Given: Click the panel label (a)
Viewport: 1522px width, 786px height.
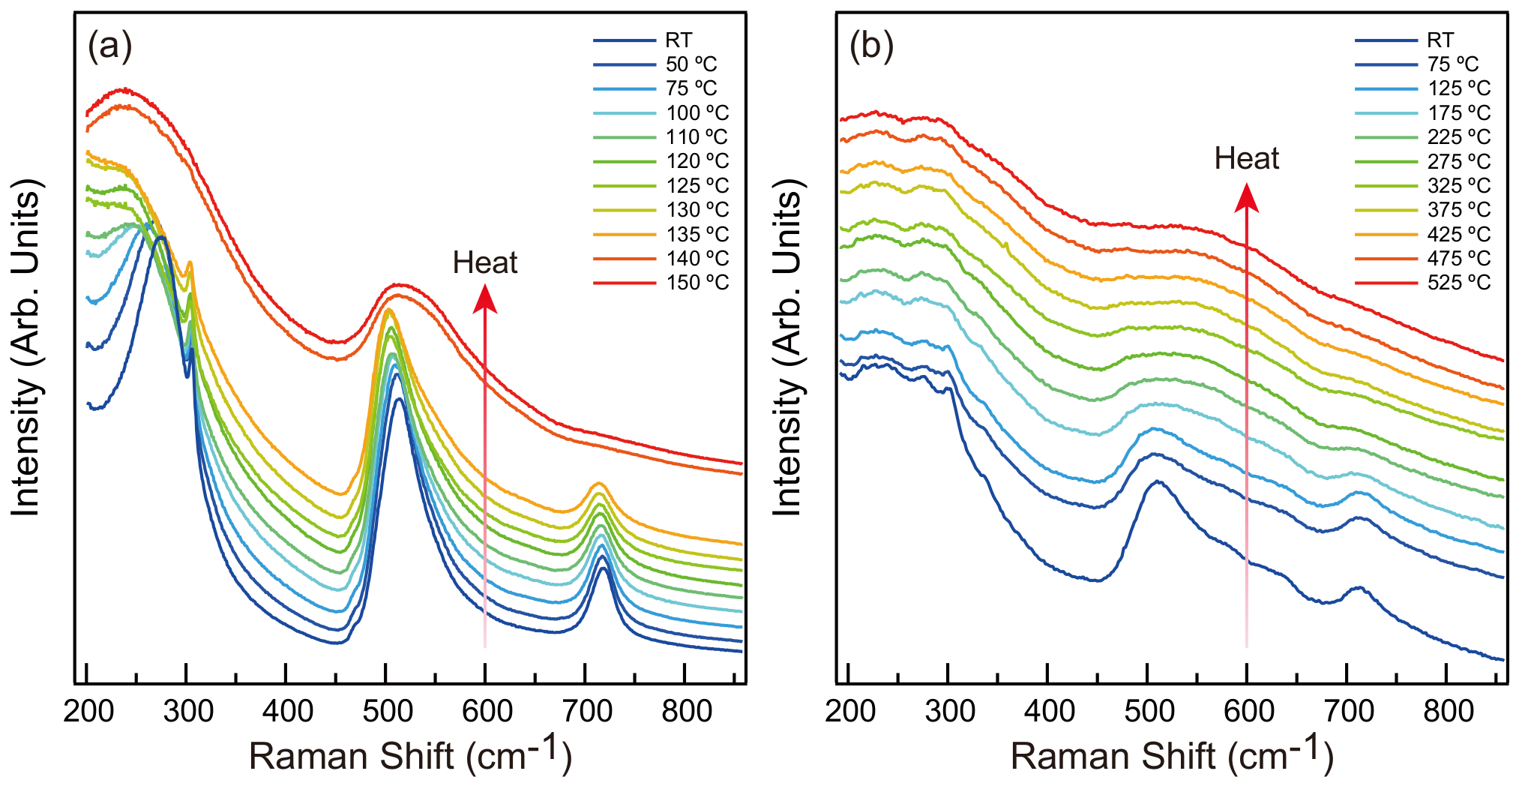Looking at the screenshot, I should pyautogui.click(x=109, y=46).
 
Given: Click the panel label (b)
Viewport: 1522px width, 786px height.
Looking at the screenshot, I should pyautogui.click(x=871, y=46).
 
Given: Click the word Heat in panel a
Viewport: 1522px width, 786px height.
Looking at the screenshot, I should pyautogui.click(x=485, y=263).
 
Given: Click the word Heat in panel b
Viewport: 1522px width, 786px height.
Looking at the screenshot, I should pyautogui.click(x=1247, y=159).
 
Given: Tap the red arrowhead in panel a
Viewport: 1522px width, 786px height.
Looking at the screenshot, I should pyautogui.click(x=485, y=298).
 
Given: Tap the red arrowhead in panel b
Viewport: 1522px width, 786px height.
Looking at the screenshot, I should pyautogui.click(x=1247, y=198).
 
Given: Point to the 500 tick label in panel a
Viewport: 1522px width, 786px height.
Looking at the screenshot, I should pyautogui.click(x=387, y=711).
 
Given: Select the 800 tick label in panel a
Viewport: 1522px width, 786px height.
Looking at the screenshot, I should pyautogui.click(x=686, y=711).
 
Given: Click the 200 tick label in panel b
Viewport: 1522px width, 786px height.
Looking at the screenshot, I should pyautogui.click(x=849, y=711).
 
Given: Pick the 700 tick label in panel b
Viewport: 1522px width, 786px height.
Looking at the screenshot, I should pyautogui.click(x=1348, y=711).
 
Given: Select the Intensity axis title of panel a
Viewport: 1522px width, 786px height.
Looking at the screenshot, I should pyautogui.click(x=25, y=347).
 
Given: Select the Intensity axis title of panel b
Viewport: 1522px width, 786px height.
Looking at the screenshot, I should pyautogui.click(x=787, y=347).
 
